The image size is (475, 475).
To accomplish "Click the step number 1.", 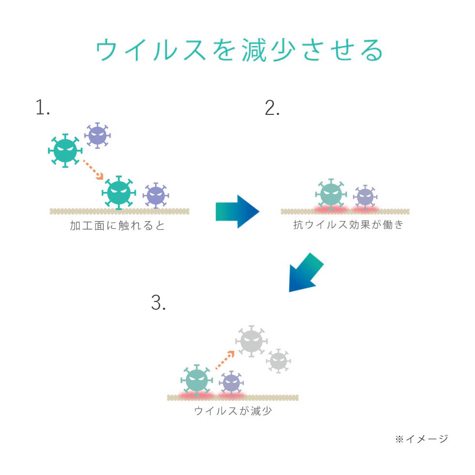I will pyautogui.click(x=43, y=108).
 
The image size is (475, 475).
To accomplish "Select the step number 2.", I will pyautogui.click(x=272, y=108).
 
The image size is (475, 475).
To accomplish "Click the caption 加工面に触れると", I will pyautogui.click(x=118, y=226).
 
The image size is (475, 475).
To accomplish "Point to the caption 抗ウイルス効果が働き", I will pyautogui.click(x=348, y=225).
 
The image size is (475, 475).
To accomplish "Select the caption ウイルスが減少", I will pyautogui.click(x=233, y=411).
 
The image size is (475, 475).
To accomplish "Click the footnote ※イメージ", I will pyautogui.click(x=421, y=439).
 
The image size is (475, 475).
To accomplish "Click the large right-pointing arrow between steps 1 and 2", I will pyautogui.click(x=237, y=211).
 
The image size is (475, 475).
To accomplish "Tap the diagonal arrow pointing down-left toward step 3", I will pyautogui.click(x=305, y=273).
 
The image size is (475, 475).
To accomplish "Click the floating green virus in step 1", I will pyautogui.click(x=65, y=151).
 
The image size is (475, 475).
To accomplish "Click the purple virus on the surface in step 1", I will pyautogui.click(x=156, y=196).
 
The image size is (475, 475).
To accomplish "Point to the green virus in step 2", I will pyautogui.click(x=331, y=195).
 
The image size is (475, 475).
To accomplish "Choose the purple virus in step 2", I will pyautogui.click(x=364, y=197).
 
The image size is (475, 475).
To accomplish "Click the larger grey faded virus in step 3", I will pyautogui.click(x=251, y=341).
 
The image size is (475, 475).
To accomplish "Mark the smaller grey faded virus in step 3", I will pyautogui.click(x=278, y=361).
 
